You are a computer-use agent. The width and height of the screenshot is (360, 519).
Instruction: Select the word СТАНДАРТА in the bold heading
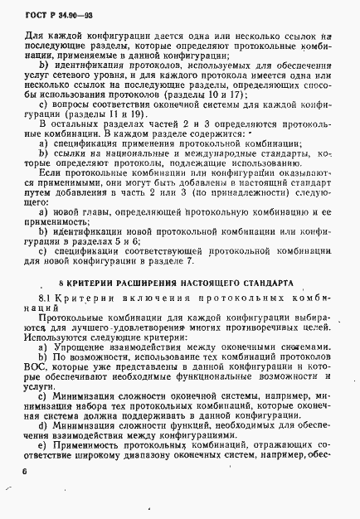point(264,283)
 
